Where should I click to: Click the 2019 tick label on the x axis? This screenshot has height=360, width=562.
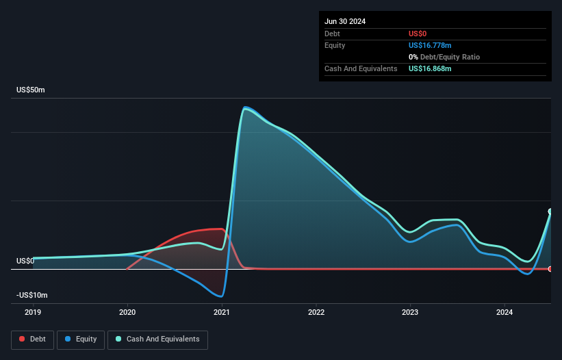tap(33, 312)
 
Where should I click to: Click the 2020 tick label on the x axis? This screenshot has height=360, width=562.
tap(127, 312)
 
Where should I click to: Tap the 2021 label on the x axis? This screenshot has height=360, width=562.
tap(222, 312)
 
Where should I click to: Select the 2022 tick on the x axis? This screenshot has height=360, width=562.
tap(316, 312)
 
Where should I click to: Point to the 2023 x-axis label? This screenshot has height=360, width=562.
tap(410, 312)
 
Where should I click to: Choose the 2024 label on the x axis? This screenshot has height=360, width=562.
tap(504, 312)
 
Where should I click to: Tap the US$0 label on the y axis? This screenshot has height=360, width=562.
tap(25, 261)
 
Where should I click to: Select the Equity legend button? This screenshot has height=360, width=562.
tap(81, 339)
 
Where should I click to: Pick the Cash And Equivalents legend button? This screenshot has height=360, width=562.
tap(157, 339)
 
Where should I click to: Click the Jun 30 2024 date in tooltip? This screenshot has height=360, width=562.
tap(345, 21)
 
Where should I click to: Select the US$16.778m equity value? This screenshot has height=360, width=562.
tap(430, 45)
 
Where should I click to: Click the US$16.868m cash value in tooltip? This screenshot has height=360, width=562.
tap(430, 68)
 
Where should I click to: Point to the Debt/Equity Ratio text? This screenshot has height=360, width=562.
tap(445, 57)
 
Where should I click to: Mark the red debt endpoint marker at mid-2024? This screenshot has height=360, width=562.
tap(550, 269)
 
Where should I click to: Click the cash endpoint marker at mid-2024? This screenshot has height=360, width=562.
tap(550, 211)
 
